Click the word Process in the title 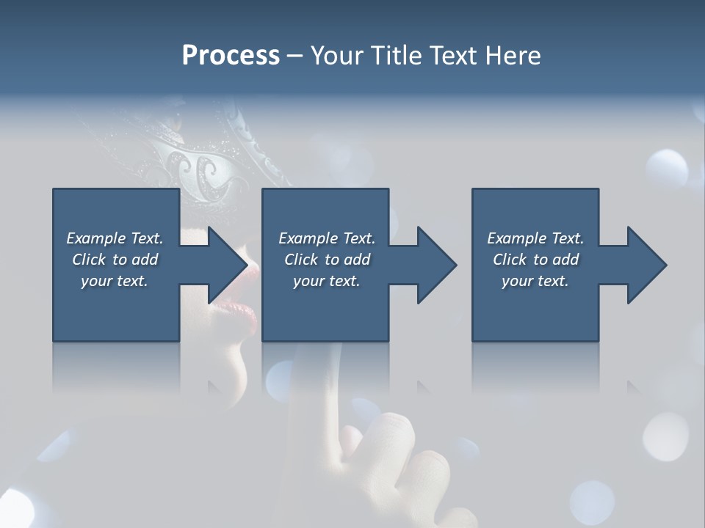pyautogui.click(x=231, y=56)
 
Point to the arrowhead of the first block pyautogui.click(x=226, y=265)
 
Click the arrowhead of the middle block pyautogui.click(x=436, y=265)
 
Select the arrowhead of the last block pyautogui.click(x=646, y=265)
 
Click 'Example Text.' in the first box pyautogui.click(x=115, y=238)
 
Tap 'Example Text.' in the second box pyautogui.click(x=327, y=238)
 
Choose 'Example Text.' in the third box pyautogui.click(x=535, y=238)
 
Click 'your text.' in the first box pyautogui.click(x=115, y=281)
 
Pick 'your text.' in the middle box pyautogui.click(x=327, y=281)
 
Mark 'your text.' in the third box pyautogui.click(x=535, y=281)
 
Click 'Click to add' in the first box pyautogui.click(x=115, y=260)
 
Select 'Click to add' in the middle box pyautogui.click(x=327, y=260)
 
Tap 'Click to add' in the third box pyautogui.click(x=535, y=260)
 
